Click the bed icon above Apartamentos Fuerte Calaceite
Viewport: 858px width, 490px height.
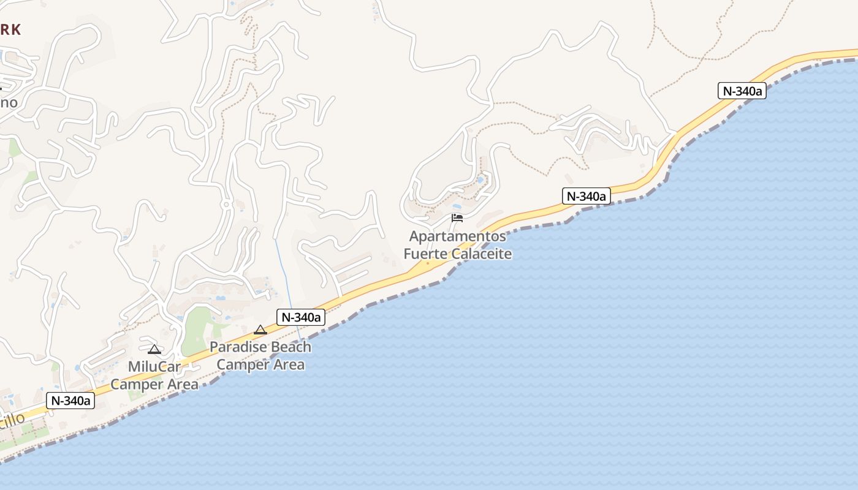click(457, 217)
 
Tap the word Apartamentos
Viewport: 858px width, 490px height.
click(458, 236)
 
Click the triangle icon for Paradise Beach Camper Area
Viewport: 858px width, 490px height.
click(260, 330)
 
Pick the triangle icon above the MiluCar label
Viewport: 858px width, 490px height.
click(154, 349)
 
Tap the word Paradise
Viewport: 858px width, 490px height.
click(238, 347)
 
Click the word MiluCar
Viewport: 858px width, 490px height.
click(154, 367)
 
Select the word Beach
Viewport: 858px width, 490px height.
click(290, 347)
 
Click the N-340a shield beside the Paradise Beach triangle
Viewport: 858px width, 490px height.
click(301, 317)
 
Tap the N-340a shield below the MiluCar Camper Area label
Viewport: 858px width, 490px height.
click(70, 401)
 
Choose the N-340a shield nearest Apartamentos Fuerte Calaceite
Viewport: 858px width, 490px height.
click(586, 196)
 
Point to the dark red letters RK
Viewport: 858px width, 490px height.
click(11, 29)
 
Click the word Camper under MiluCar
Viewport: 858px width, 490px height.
click(134, 385)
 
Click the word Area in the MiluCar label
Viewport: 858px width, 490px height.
click(181, 385)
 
